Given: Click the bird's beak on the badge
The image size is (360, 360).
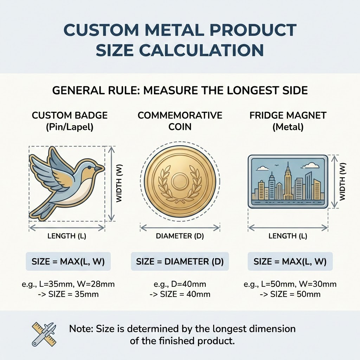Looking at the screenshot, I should click(x=101, y=168).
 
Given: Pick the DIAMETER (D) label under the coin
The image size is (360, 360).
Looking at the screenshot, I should click(x=180, y=236).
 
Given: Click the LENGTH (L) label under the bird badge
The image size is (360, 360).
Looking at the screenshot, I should click(x=67, y=236).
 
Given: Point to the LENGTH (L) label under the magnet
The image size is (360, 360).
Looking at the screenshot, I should click(x=288, y=236).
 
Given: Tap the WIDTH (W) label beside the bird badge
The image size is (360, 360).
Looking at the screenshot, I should click(x=119, y=184).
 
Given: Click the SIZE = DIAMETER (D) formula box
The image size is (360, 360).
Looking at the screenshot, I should click(x=180, y=262).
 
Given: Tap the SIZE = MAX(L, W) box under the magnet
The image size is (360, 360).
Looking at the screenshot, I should click(x=290, y=262).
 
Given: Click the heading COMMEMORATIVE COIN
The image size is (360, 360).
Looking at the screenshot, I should click(x=180, y=121).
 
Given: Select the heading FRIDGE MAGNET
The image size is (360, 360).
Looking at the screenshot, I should click(x=288, y=115).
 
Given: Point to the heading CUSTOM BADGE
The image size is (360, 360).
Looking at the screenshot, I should click(x=70, y=115).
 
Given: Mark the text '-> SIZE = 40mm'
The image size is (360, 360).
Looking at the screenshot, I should click(x=180, y=294).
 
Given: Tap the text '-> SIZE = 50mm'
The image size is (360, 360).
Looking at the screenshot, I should click(x=290, y=294).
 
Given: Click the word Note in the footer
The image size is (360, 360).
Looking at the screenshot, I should click(x=82, y=329).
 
